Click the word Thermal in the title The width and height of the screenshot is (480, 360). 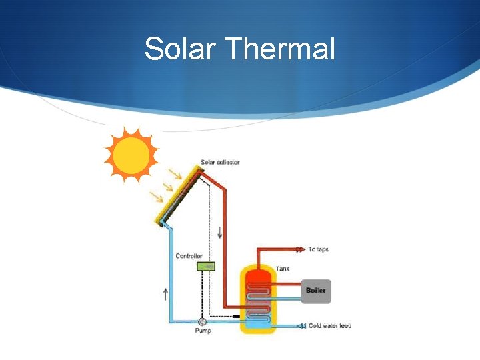point(280,49)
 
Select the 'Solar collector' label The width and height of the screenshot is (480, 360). point(220,163)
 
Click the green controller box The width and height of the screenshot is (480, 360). point(206,266)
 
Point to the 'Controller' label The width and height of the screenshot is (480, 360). point(189,256)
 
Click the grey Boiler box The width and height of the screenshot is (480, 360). point(316,291)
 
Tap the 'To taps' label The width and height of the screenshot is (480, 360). point(318,249)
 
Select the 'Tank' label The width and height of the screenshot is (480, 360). point(283,269)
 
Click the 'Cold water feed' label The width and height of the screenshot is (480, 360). point(330,326)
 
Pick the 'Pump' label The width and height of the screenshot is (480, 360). point(203,331)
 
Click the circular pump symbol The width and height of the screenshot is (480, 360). point(203,321)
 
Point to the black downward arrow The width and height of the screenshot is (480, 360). point(220,233)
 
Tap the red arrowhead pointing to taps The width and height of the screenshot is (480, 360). point(299,249)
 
